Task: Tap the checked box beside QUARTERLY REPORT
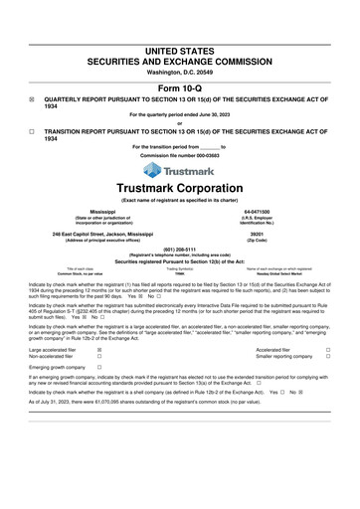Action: coord(32,100)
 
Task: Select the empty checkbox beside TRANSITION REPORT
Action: coord(32,131)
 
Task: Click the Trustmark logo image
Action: coord(180,170)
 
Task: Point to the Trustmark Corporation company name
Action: coord(180,188)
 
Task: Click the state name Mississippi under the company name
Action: coord(109,213)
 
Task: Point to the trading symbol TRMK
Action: coord(179,272)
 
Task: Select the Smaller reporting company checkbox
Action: coord(328,358)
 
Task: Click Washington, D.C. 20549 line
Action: coord(180,73)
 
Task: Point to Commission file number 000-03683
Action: coord(180,156)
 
